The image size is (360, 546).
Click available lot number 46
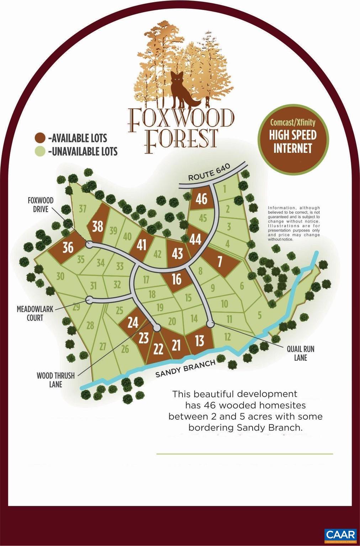[x=201, y=199]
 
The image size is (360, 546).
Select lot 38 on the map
[x=97, y=226]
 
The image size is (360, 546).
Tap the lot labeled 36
[x=68, y=248]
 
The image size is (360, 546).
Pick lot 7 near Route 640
[x=220, y=262]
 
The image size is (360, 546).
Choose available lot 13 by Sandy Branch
[x=200, y=341]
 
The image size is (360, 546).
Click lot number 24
[x=133, y=323]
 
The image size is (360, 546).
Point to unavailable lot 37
[x=83, y=208]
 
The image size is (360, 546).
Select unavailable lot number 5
[x=260, y=315]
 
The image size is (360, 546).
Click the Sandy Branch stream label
[x=185, y=369]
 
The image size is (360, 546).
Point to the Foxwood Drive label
[x=41, y=205]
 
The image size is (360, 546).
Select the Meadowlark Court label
[x=35, y=313]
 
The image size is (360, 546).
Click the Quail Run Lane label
[x=300, y=353]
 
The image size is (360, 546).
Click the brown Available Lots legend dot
[x=40, y=138]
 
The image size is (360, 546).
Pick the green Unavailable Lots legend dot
[x=40, y=151]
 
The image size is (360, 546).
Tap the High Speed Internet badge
[x=293, y=139]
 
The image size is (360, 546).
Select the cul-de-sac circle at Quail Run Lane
[x=210, y=324]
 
